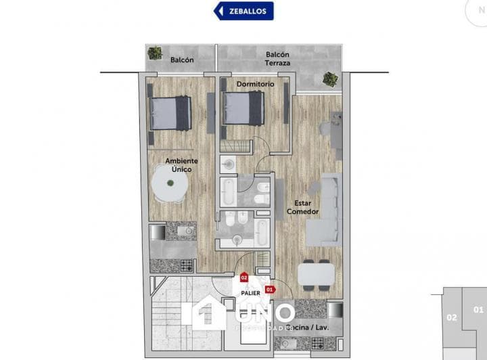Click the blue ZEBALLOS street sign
tap(243, 11)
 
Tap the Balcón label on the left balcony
tap(182, 60)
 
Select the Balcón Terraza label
tap(278, 59)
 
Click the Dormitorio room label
tap(255, 84)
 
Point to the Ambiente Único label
tap(181, 165)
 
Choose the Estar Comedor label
tap(302, 206)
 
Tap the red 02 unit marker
tap(243, 277)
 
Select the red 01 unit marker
tap(269, 289)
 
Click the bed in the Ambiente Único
tap(170, 112)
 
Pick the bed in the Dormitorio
tap(243, 108)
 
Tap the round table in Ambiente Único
tap(170, 184)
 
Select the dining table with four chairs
tap(316, 275)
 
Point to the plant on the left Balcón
tap(155, 53)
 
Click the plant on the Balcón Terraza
tap(330, 78)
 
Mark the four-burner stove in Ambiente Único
tap(181, 265)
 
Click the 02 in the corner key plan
tap(452, 317)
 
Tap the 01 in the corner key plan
tap(478, 311)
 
